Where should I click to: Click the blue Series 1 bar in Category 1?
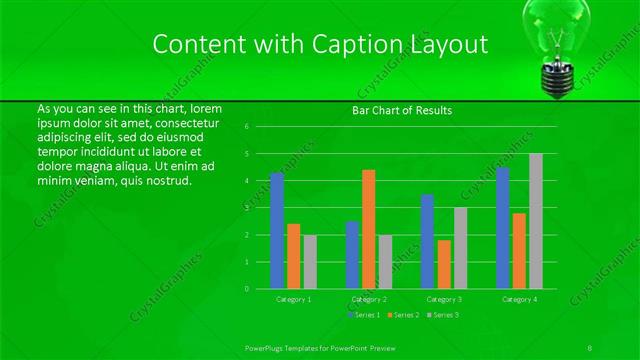tap(277, 231)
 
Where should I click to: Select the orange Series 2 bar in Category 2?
tap(369, 229)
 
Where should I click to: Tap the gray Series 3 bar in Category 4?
tap(536, 221)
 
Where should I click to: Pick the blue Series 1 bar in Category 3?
tap(427, 241)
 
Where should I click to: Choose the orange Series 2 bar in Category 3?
tap(444, 264)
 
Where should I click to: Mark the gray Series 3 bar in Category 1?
tap(310, 262)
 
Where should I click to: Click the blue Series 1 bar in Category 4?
tap(503, 228)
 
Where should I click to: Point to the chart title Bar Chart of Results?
tap(402, 110)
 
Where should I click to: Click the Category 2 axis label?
tap(369, 299)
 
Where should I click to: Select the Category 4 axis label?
tap(519, 299)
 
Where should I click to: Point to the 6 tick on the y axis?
tap(260, 127)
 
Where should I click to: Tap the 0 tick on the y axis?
tap(260, 288)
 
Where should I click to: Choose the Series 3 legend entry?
tap(442, 315)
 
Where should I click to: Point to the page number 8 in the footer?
tap(591, 346)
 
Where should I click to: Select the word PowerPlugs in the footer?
tap(266, 346)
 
